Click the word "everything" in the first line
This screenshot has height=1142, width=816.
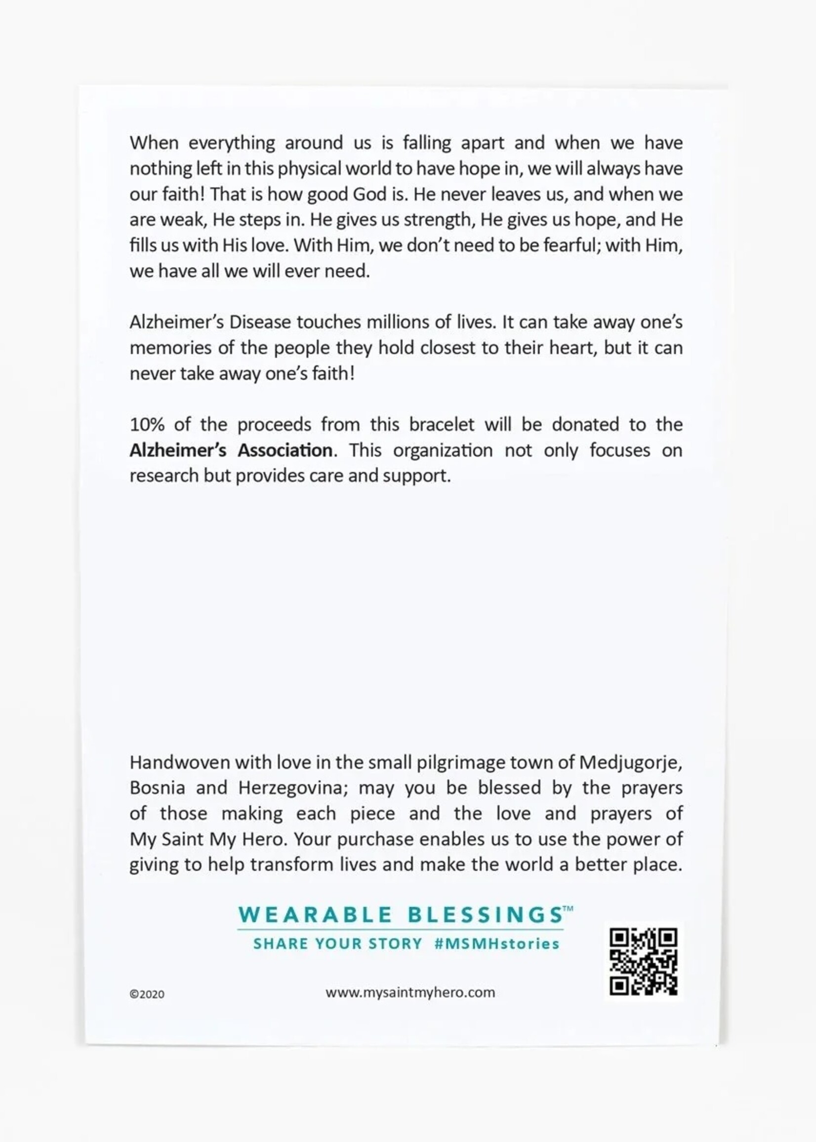tap(232, 144)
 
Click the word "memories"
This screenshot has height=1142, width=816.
tap(170, 348)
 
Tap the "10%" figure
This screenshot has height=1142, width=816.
tap(147, 425)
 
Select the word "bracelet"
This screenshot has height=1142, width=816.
tap(442, 425)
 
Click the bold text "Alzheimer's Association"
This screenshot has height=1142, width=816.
tap(231, 450)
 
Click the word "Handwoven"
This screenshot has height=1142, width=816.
tap(179, 762)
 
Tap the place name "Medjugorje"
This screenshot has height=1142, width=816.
tap(631, 763)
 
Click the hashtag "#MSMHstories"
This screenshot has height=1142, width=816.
tap(496, 944)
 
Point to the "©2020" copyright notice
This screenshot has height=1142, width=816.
tap(147, 994)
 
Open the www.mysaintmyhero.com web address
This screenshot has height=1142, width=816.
tap(410, 992)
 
